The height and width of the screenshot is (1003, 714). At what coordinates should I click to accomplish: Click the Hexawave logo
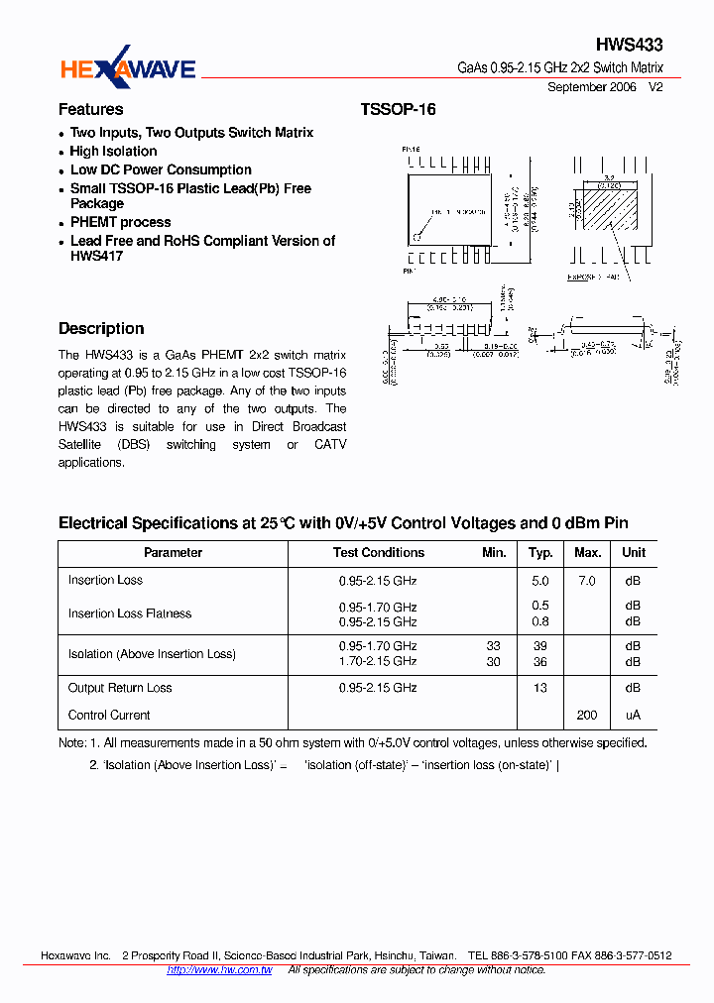point(128,66)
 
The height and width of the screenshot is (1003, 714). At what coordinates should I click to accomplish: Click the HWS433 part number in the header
point(629,45)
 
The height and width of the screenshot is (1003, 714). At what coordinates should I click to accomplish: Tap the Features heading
point(90,109)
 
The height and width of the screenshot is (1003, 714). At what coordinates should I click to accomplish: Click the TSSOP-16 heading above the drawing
point(398,109)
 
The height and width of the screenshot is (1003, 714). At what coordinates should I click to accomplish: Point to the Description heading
point(101,328)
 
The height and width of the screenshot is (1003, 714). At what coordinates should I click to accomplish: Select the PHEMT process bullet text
point(120,222)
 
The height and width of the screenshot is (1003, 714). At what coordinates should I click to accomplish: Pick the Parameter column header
point(173,553)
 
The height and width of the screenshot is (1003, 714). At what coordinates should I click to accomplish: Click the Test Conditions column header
point(378,553)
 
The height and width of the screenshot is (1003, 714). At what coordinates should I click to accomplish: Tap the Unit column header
point(633,553)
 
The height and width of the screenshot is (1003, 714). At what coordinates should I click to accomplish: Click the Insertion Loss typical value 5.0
point(539,581)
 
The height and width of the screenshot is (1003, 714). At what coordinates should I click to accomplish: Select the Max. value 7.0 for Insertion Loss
point(586,581)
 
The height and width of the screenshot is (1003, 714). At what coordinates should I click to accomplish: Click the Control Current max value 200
point(586,715)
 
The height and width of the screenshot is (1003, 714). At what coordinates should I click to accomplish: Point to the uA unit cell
point(633,715)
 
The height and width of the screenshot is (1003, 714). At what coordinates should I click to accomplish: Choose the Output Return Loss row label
point(120,688)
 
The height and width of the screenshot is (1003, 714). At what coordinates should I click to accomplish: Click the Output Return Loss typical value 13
point(539,688)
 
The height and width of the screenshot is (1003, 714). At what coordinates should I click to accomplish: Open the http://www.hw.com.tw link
point(219,969)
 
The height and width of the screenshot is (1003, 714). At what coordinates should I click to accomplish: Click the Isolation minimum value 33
point(493,645)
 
